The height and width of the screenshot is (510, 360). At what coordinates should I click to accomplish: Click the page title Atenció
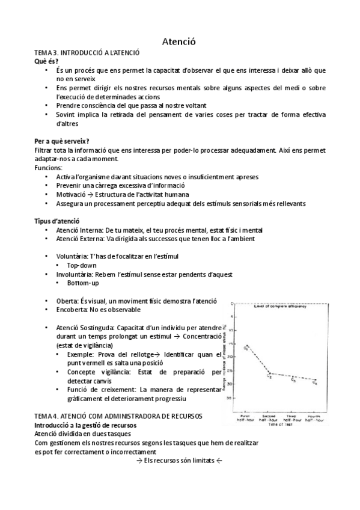pyautogui.click(x=180, y=41)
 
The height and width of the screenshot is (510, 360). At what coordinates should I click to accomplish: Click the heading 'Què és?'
pyautogui.click(x=47, y=62)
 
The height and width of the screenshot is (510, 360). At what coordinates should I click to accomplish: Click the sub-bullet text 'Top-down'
pyautogui.click(x=83, y=265)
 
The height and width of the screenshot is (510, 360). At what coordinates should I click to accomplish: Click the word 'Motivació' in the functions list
pyautogui.click(x=72, y=194)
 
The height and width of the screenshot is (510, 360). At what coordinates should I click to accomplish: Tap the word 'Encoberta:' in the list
pyautogui.click(x=74, y=310)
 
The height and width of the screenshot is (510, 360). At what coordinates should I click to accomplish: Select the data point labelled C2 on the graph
pyautogui.click(x=270, y=373)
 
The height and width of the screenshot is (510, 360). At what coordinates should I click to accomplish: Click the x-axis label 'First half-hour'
pyautogui.click(x=246, y=418)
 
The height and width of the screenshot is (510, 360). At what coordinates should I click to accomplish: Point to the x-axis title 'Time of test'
pyautogui.click(x=280, y=425)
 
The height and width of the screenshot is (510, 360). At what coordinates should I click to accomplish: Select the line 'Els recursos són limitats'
pyautogui.click(x=180, y=461)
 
